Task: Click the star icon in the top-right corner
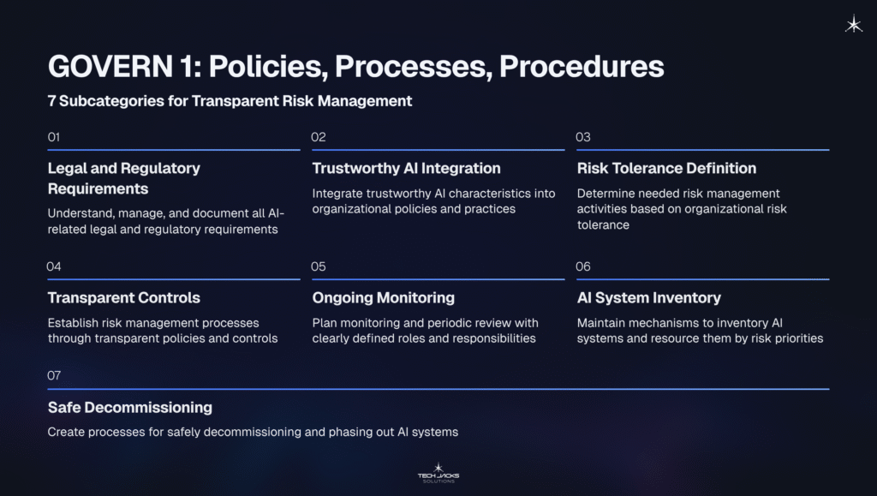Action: click(x=854, y=25)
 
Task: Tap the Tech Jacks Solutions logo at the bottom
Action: click(x=438, y=472)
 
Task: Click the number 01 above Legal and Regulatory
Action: click(x=54, y=137)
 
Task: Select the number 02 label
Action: click(x=319, y=137)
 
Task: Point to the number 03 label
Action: click(x=583, y=137)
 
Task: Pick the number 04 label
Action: click(x=54, y=266)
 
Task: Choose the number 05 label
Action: click(x=319, y=266)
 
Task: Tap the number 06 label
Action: click(x=583, y=266)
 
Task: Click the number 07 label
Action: click(x=54, y=375)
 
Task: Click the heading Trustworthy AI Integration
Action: click(x=406, y=168)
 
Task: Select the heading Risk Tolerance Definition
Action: click(x=666, y=168)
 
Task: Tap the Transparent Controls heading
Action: click(x=124, y=297)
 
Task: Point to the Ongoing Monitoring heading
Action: click(x=383, y=297)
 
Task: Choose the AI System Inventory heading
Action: click(x=649, y=297)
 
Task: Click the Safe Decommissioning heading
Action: click(x=130, y=407)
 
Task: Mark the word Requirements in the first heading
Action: click(x=98, y=188)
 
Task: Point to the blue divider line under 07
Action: click(x=438, y=389)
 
